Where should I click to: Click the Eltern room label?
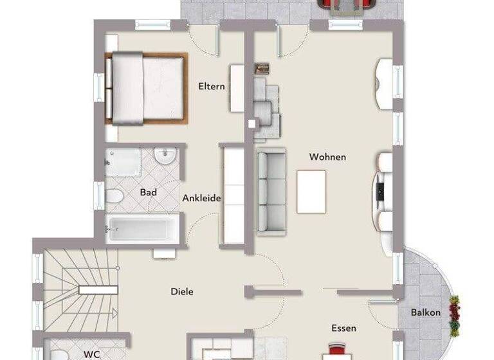[212, 86]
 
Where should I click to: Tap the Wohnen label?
[327, 157]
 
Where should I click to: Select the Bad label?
[148, 192]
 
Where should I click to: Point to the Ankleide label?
[201, 198]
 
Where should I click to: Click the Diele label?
[182, 291]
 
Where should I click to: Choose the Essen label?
[343, 328]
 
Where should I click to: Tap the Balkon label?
[426, 312]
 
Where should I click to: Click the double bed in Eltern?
[147, 87]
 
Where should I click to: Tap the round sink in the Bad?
[165, 156]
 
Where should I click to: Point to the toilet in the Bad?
[114, 197]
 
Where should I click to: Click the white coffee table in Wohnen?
[311, 192]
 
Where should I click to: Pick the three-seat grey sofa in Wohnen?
[271, 191]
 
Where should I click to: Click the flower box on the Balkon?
[455, 316]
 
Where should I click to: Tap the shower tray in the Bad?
[122, 163]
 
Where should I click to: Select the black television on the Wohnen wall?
[380, 190]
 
